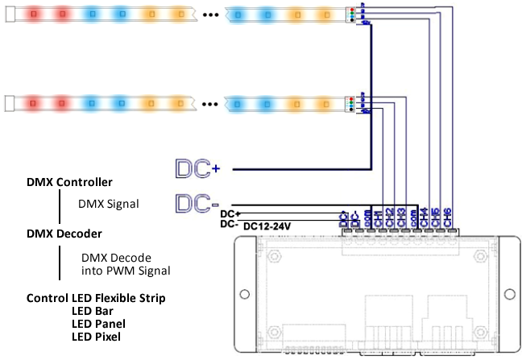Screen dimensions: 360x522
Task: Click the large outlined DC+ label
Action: pyautogui.click(x=198, y=168)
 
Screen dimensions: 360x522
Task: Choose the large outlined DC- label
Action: pyautogui.click(x=198, y=203)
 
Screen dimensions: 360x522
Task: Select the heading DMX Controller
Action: pyautogui.click(x=69, y=182)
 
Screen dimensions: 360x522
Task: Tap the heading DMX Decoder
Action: pyautogui.click(x=64, y=234)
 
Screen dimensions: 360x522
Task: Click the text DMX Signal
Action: pyautogui.click(x=109, y=204)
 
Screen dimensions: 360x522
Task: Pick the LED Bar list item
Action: pyautogui.click(x=92, y=310)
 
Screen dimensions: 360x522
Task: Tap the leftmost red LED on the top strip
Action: pyautogui.click(x=34, y=14)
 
